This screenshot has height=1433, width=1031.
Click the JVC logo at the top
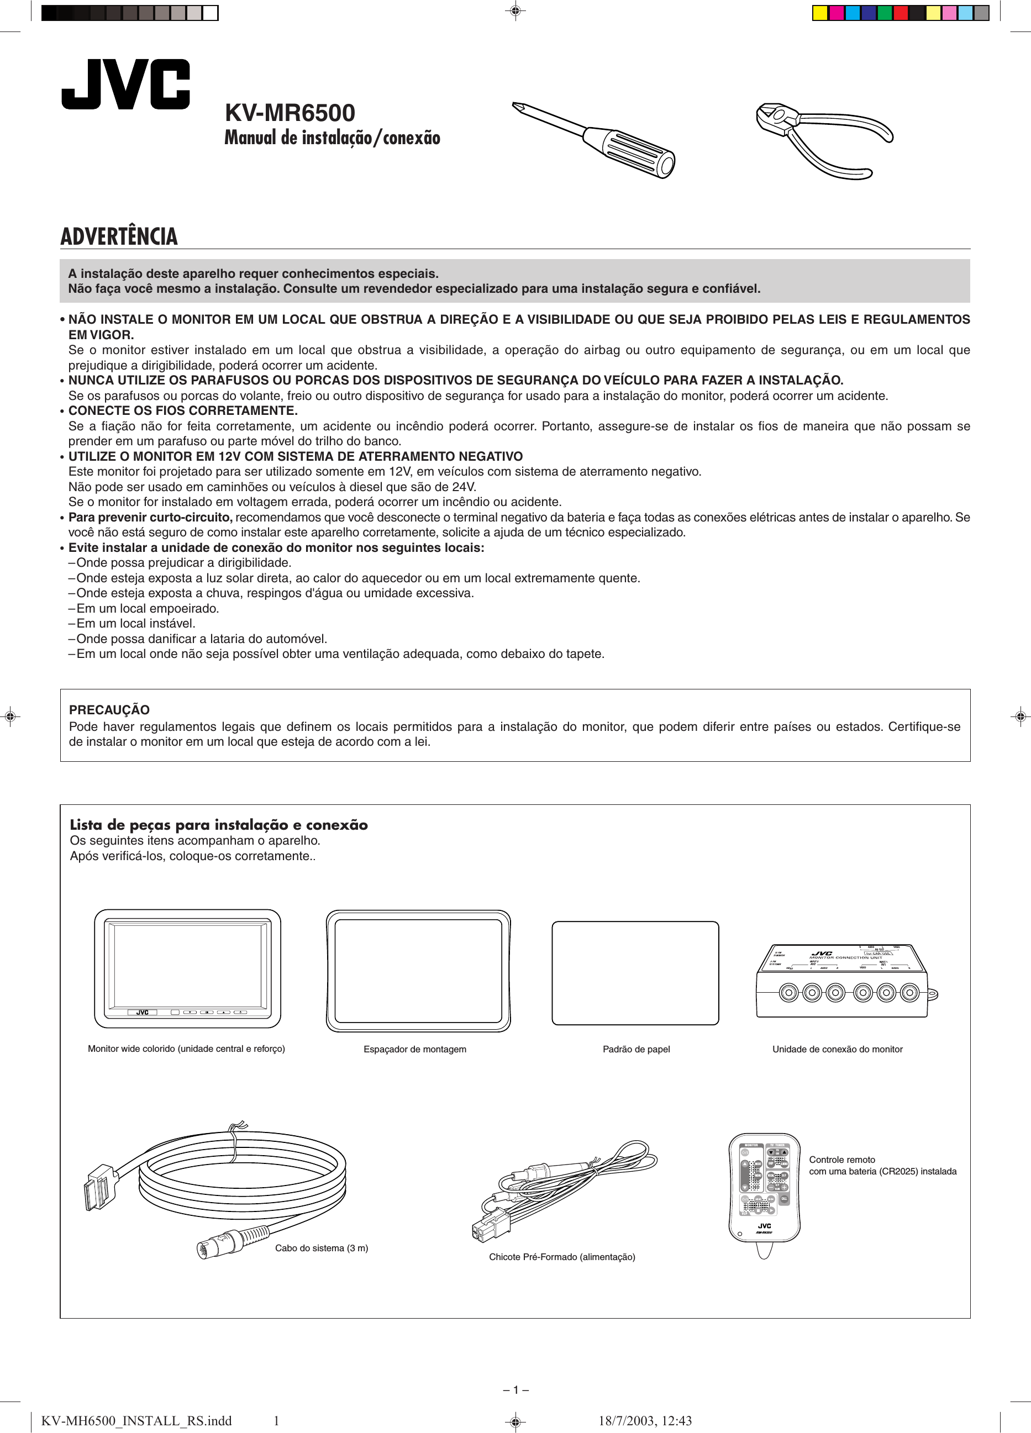click(x=125, y=84)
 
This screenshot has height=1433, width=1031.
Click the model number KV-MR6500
click(x=290, y=113)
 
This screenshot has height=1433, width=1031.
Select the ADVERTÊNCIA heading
click(x=119, y=236)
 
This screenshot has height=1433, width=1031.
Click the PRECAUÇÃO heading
click(x=109, y=709)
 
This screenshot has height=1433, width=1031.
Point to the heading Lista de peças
click(x=218, y=825)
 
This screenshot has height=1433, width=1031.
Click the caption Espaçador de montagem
click(x=415, y=1050)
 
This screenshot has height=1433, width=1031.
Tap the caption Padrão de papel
click(x=636, y=1050)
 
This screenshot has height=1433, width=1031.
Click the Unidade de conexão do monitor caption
click(x=837, y=1050)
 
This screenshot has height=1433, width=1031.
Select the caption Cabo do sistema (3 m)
click(x=321, y=1248)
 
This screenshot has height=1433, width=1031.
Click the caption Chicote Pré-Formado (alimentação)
click(x=562, y=1257)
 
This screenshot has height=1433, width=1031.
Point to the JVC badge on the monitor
click(x=142, y=1012)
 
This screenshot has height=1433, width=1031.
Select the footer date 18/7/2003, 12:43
click(x=645, y=1421)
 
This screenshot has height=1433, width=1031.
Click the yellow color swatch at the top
click(x=820, y=13)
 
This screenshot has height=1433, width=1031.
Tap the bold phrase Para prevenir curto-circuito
click(x=150, y=518)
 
